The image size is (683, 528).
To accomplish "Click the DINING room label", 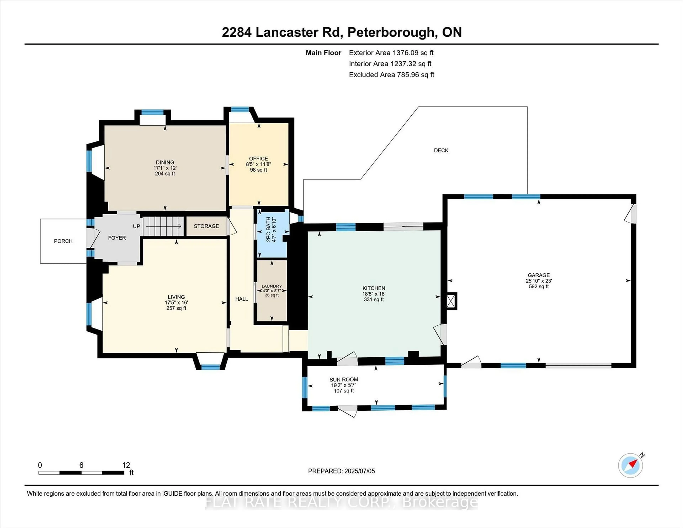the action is coord(165,162).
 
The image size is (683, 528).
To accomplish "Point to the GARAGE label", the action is coord(539,275).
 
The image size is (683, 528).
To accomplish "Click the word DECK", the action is coord(441,151).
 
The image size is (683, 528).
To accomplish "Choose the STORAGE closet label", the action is coord(206,226).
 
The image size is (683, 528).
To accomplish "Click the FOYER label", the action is coord(117,238).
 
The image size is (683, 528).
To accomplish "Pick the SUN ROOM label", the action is coord(344,379).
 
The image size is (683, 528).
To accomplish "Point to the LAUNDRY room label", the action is coord(272,286).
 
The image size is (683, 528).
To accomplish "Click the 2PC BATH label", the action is coord(268,229).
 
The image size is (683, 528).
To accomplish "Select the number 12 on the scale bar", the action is coord(126,465).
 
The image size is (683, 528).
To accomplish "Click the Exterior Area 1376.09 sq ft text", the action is coord(391,53).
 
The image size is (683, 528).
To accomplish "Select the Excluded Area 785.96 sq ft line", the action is coord(391,75).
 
